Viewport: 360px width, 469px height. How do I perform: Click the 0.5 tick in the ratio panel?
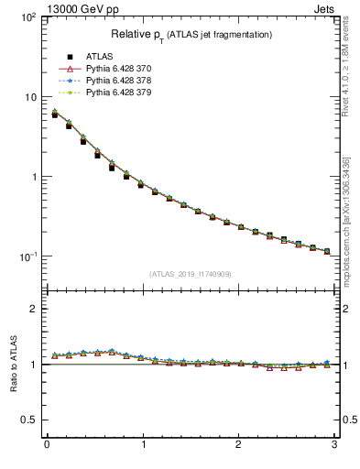tap(27, 420)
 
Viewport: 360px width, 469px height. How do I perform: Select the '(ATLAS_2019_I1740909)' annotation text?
tap(191, 274)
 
